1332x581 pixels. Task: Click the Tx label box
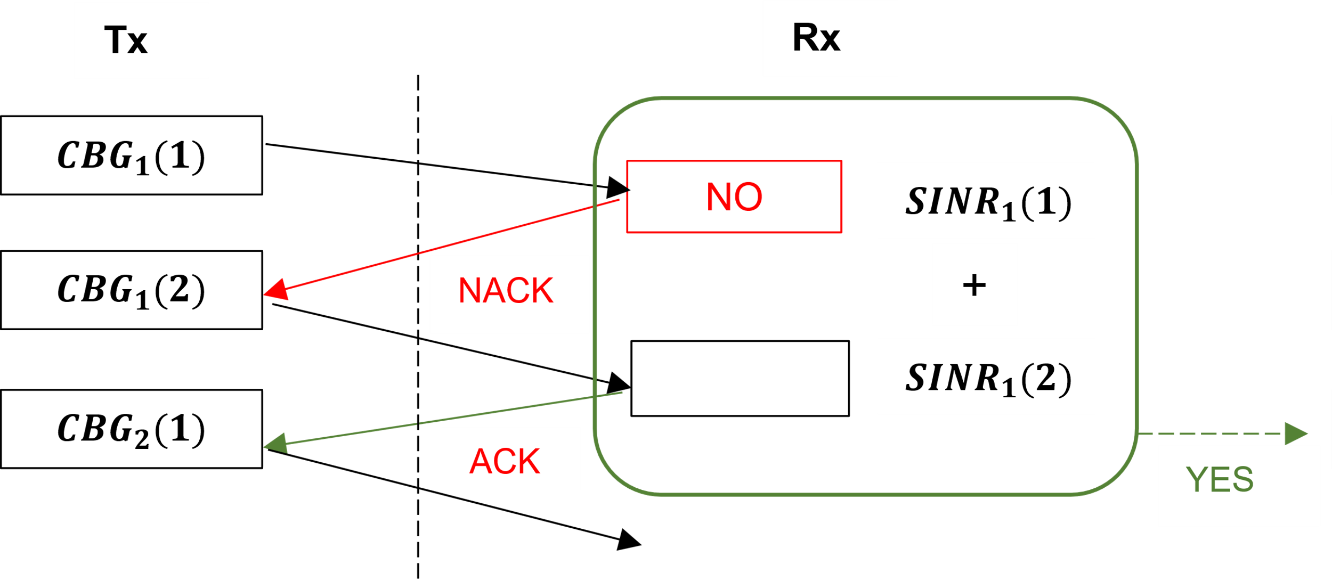[x=141, y=41]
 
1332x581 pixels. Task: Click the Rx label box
[x=830, y=38]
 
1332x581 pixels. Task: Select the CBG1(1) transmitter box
[x=131, y=156]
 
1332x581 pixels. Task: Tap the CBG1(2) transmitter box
[x=131, y=290]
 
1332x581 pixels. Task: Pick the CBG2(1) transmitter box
[x=131, y=429]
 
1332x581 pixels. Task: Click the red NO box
[x=734, y=197]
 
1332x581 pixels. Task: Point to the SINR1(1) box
[x=986, y=201]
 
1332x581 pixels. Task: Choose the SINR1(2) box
[x=986, y=377]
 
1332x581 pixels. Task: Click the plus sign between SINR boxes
[x=974, y=285]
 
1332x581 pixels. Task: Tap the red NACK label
[x=506, y=291]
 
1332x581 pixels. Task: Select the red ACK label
[x=505, y=461]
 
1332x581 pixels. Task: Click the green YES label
[x=1220, y=479]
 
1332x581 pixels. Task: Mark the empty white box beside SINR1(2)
[x=740, y=378]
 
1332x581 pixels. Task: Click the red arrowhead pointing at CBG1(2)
[x=276, y=290]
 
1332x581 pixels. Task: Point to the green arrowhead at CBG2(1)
[x=275, y=443]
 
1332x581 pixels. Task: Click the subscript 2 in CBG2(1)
[x=142, y=441]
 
